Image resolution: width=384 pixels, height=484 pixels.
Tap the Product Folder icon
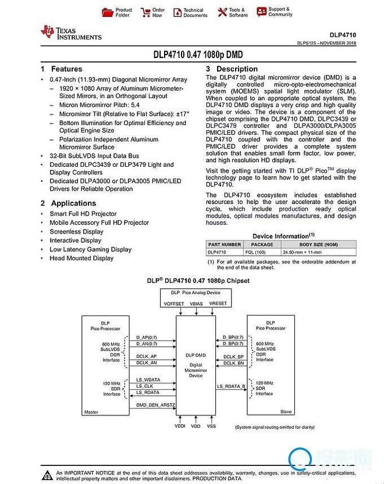107,12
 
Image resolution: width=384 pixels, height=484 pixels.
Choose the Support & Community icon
262,12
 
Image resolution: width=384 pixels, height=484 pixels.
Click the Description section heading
236,69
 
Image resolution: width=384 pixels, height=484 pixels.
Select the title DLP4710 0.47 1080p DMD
198,56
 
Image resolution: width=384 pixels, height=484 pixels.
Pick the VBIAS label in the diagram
195,303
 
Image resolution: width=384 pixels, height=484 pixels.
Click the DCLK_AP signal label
146,356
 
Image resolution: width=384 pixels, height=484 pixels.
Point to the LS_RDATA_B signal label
231,386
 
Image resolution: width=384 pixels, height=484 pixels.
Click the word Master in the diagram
92,411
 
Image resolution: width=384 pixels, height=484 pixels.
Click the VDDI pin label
181,426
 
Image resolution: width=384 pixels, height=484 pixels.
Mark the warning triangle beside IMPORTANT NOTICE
46,474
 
